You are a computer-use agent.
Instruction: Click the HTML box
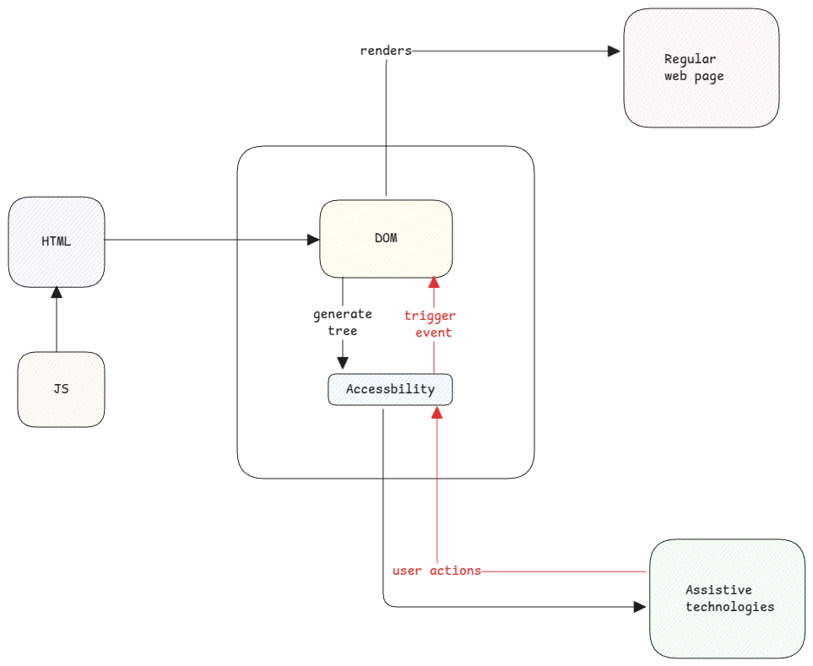click(57, 241)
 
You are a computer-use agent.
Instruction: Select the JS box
click(61, 389)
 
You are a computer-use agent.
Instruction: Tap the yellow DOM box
click(386, 238)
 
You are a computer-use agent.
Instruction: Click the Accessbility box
click(390, 389)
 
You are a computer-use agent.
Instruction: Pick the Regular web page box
click(701, 68)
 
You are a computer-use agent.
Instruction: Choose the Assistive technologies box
click(728, 598)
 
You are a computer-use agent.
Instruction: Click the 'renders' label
click(386, 51)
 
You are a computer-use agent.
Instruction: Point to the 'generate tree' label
click(342, 322)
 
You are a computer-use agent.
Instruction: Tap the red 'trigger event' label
click(429, 324)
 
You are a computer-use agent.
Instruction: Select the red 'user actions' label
click(436, 571)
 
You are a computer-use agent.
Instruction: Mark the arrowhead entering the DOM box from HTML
click(312, 240)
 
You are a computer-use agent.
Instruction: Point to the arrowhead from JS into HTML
click(57, 293)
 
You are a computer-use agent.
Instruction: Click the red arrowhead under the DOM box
click(434, 282)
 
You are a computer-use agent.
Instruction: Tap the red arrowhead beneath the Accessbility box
click(437, 412)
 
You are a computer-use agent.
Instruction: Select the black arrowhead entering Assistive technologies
click(642, 606)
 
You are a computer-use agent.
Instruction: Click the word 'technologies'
click(729, 606)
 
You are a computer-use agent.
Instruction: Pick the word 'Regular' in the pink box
click(690, 59)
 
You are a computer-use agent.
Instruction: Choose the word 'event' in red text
click(432, 333)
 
